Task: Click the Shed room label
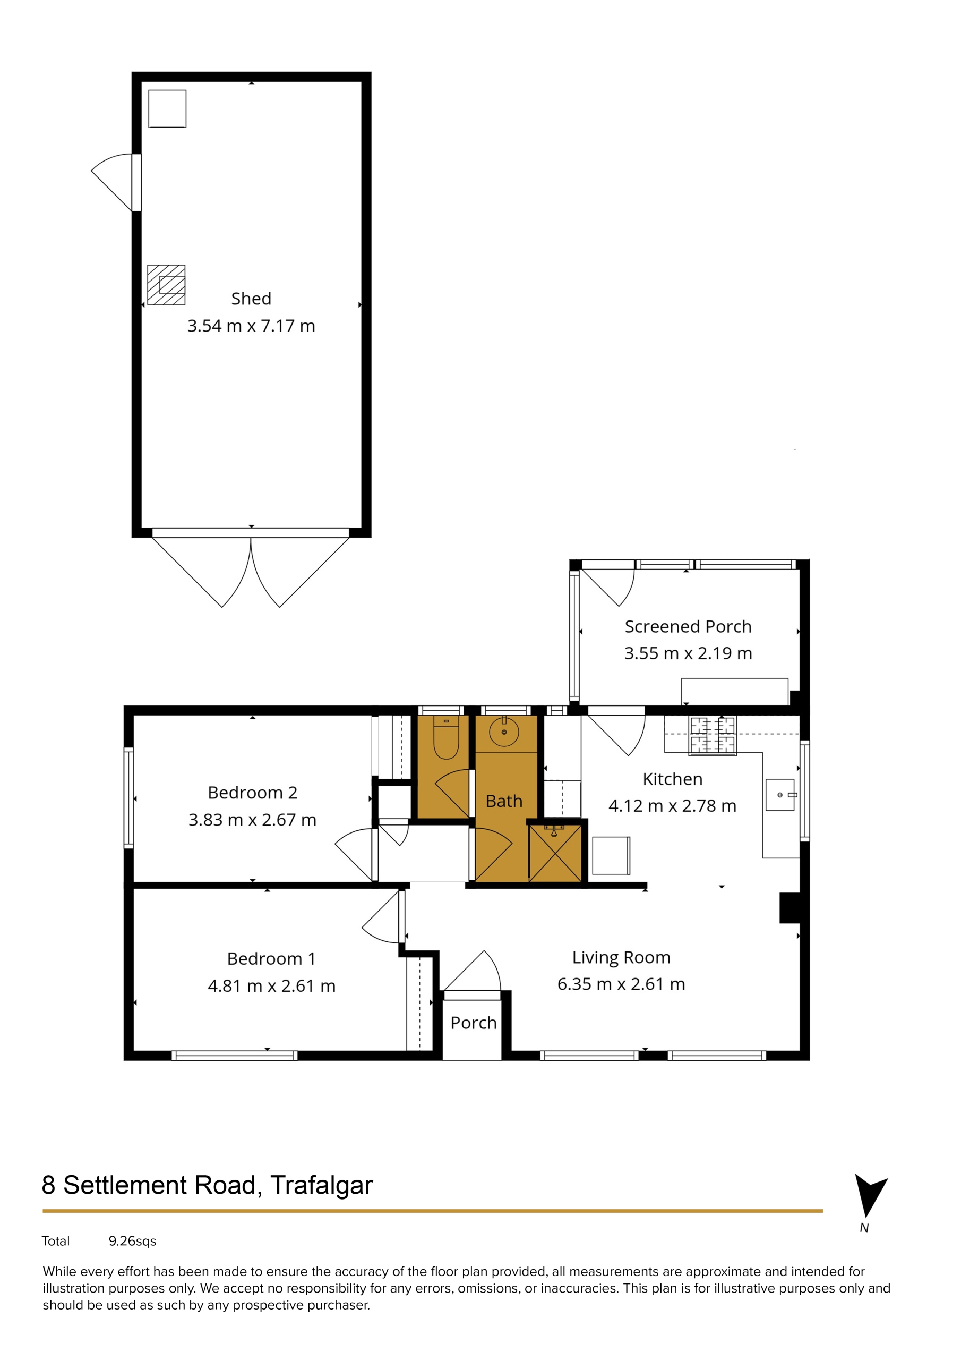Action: [x=251, y=299]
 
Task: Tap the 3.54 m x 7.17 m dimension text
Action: [x=251, y=326]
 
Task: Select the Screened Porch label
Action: [x=688, y=627]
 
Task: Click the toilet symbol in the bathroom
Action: [x=446, y=738]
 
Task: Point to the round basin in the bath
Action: [x=504, y=732]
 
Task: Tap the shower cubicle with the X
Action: [x=555, y=853]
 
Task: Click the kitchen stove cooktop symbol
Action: [x=713, y=735]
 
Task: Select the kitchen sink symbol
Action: [x=780, y=795]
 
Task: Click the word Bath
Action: [x=504, y=802]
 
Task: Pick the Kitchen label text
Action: [x=673, y=779]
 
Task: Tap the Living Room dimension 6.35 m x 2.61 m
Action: [x=621, y=984]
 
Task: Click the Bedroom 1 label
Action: [x=271, y=958]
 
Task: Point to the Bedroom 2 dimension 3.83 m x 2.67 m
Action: [x=252, y=820]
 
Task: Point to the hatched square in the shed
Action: [x=166, y=285]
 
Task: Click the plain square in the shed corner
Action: [x=168, y=108]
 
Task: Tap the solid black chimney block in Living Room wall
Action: [x=791, y=907]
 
